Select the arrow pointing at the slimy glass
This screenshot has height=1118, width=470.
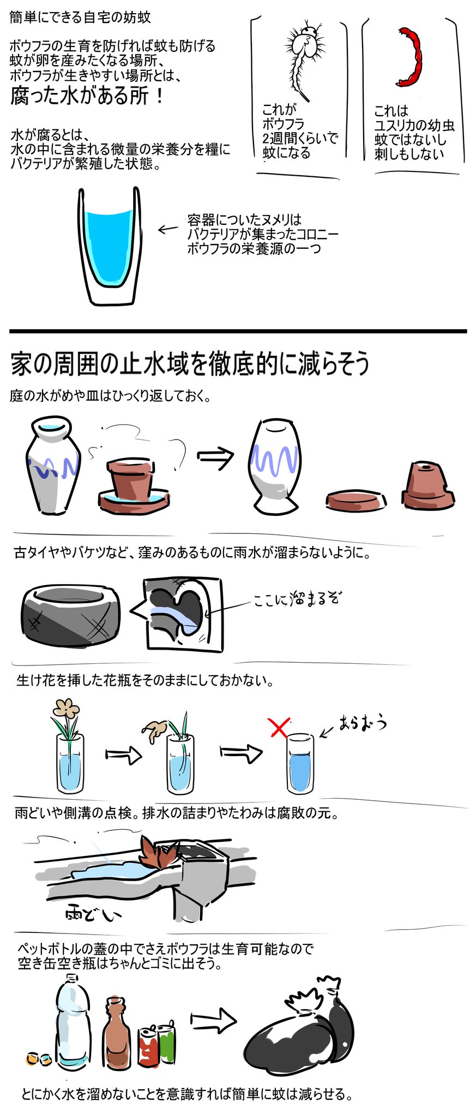click(168, 229)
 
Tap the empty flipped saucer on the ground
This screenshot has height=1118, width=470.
click(357, 500)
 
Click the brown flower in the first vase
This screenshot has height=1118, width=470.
click(66, 708)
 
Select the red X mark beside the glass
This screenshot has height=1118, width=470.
click(280, 727)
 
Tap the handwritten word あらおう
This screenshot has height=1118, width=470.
click(362, 723)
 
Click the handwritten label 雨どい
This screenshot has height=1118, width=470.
click(93, 913)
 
